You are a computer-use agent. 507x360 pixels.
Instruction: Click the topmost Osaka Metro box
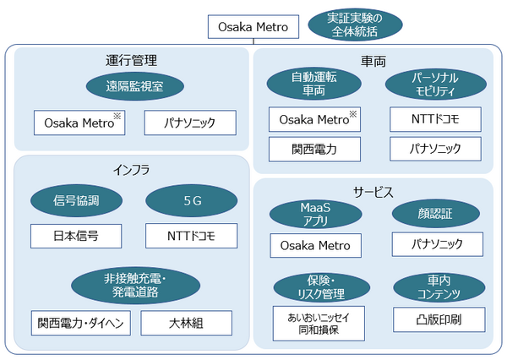[254, 26]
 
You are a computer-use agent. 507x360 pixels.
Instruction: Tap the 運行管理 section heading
[131, 61]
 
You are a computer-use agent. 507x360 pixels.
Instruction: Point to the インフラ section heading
[131, 170]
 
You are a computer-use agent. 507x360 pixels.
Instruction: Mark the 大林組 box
[186, 324]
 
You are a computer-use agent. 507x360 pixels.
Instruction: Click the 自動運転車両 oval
[313, 84]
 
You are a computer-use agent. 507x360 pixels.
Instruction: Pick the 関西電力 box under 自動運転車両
[314, 149]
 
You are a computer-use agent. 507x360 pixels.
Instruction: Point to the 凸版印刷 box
[438, 319]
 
